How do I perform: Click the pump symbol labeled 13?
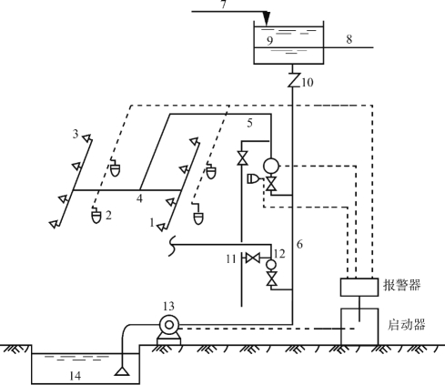click(x=169, y=329)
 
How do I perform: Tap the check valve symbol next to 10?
click(x=293, y=80)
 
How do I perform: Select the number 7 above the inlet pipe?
click(x=224, y=5)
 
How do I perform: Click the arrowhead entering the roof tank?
click(x=267, y=19)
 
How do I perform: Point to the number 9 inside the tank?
click(x=269, y=40)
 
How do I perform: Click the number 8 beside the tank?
click(x=349, y=39)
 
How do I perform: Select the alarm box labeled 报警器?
click(x=359, y=287)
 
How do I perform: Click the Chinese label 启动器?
click(x=407, y=324)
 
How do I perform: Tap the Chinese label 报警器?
click(x=402, y=285)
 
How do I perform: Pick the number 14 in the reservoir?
click(x=76, y=376)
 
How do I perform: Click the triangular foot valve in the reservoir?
click(x=122, y=371)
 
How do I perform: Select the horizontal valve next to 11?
click(x=252, y=258)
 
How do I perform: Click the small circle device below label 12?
click(x=271, y=265)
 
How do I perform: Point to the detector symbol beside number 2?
click(x=96, y=215)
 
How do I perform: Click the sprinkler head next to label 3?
click(x=87, y=138)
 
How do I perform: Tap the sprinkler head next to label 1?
click(x=162, y=227)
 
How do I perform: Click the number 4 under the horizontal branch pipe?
click(x=139, y=198)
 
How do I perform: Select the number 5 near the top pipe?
click(x=249, y=123)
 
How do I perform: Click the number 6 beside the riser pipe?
click(x=299, y=244)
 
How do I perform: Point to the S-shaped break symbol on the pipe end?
click(x=172, y=246)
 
